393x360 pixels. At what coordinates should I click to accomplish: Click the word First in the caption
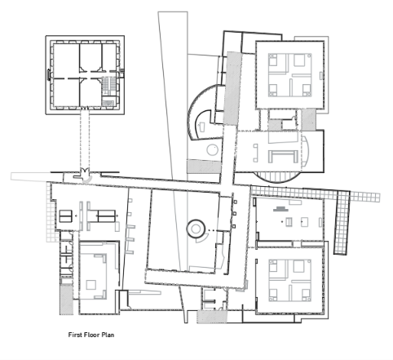74,335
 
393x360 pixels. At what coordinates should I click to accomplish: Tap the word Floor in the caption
91,335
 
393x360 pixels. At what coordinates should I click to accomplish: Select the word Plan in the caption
108,335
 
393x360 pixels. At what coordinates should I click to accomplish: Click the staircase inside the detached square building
108,87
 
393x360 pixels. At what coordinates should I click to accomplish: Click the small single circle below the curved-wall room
212,149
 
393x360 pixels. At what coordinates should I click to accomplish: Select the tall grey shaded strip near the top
232,88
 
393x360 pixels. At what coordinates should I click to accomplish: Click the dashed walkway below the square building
85,140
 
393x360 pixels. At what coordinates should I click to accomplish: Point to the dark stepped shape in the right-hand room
280,209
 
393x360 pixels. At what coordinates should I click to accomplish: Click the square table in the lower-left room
91,285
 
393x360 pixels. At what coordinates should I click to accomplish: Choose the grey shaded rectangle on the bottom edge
212,317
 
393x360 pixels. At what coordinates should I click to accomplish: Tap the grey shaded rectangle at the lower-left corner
66,300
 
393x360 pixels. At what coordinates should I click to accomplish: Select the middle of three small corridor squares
235,214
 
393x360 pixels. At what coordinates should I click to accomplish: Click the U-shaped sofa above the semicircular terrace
283,156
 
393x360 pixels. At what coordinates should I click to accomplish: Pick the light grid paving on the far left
53,212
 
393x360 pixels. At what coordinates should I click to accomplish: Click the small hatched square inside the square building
108,103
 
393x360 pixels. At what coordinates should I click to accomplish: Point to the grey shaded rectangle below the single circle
204,167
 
